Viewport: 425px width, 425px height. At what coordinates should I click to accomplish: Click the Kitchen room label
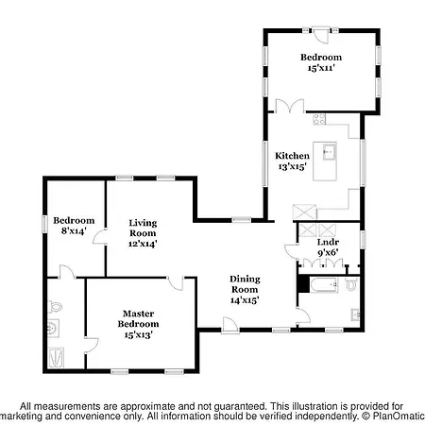[x=292, y=156]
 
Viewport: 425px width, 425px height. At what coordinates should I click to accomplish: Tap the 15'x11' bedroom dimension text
[x=321, y=68]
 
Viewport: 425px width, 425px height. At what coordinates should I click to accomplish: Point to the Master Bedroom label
[x=138, y=318]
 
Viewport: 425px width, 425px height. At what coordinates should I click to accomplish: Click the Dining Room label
[x=245, y=284]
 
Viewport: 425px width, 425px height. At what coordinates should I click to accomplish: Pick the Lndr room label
[x=328, y=242]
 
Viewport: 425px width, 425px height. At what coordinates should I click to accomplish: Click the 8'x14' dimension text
[x=74, y=230]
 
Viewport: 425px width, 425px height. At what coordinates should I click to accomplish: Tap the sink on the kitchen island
[x=330, y=152]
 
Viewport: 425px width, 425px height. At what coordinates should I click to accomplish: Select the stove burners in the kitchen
[x=319, y=119]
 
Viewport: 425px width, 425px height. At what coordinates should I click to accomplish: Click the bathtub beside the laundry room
[x=324, y=285]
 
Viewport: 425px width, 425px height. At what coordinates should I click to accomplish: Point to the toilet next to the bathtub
[x=351, y=284]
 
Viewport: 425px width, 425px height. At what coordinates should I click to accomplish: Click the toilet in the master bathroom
[x=55, y=306]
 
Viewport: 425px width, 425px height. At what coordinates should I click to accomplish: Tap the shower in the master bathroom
[x=57, y=357]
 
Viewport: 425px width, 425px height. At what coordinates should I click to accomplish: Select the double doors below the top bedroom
[x=290, y=106]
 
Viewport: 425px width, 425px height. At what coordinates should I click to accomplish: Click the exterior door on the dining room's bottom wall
[x=230, y=325]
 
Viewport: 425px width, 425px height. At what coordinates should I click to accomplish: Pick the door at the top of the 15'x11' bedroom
[x=321, y=35]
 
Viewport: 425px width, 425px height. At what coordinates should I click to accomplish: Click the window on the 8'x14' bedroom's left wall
[x=44, y=224]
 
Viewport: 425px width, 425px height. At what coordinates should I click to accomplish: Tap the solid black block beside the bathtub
[x=303, y=284]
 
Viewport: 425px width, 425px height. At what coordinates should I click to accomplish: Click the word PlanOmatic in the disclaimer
[x=399, y=416]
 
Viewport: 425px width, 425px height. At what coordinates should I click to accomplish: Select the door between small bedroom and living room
[x=100, y=237]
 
